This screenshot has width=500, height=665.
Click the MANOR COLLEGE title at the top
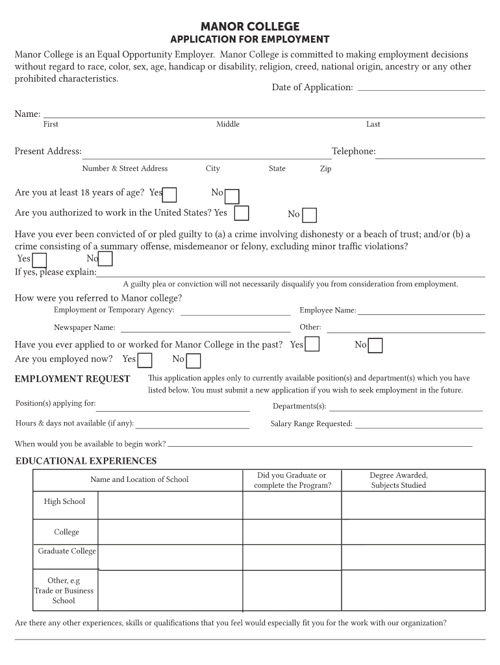click(x=250, y=27)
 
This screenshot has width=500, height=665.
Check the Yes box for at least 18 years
click(x=170, y=195)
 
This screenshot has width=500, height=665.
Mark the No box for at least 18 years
click(x=232, y=196)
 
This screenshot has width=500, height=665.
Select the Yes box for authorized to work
click(x=242, y=213)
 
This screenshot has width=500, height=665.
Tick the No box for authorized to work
click(x=310, y=215)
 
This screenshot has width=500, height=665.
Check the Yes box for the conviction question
click(x=40, y=260)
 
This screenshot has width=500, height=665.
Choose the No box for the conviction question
click(x=105, y=259)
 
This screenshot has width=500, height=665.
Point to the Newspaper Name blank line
click(x=204, y=330)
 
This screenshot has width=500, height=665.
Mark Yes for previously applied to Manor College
click(x=312, y=344)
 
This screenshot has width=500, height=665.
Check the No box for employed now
click(x=194, y=360)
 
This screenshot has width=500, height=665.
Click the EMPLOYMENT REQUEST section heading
click(x=73, y=379)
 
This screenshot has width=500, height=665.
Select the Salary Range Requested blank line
click(x=419, y=426)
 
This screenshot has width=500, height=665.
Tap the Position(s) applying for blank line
click(x=173, y=409)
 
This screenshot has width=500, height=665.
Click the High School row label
click(x=64, y=501)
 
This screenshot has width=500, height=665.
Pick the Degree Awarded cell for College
click(x=413, y=532)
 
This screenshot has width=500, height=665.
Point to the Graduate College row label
click(x=67, y=551)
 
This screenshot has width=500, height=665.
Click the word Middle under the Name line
click(x=228, y=124)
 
